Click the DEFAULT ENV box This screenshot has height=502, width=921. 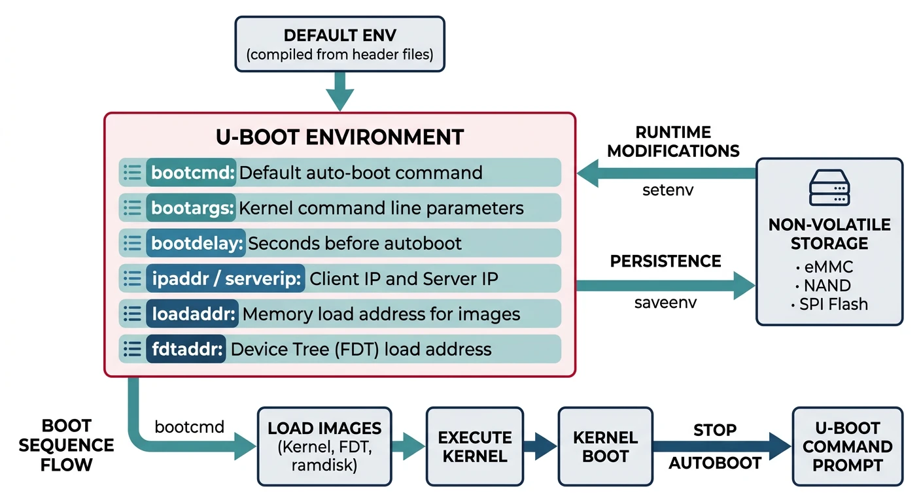pos(339,44)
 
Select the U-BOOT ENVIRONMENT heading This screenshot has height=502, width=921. pos(339,137)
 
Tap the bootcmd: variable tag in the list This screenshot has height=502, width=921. pos(192,173)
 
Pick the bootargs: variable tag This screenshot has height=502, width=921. pos(192,208)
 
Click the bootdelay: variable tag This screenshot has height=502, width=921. pos(196,243)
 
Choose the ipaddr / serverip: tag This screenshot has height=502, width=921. pos(226,278)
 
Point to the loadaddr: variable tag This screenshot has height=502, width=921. pos(193,314)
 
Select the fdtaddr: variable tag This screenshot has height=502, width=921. pos(186,349)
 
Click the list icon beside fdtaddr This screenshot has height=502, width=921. pos(133,349)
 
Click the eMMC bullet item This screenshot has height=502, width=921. pos(825,267)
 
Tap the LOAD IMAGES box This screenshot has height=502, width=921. pos(324,446)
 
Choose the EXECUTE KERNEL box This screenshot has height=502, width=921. pos(475,446)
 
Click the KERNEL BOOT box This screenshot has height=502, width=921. pos(605,446)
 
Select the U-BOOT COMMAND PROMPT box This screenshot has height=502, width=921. pos(847,446)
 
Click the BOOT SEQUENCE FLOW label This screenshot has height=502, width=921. pos(66,446)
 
